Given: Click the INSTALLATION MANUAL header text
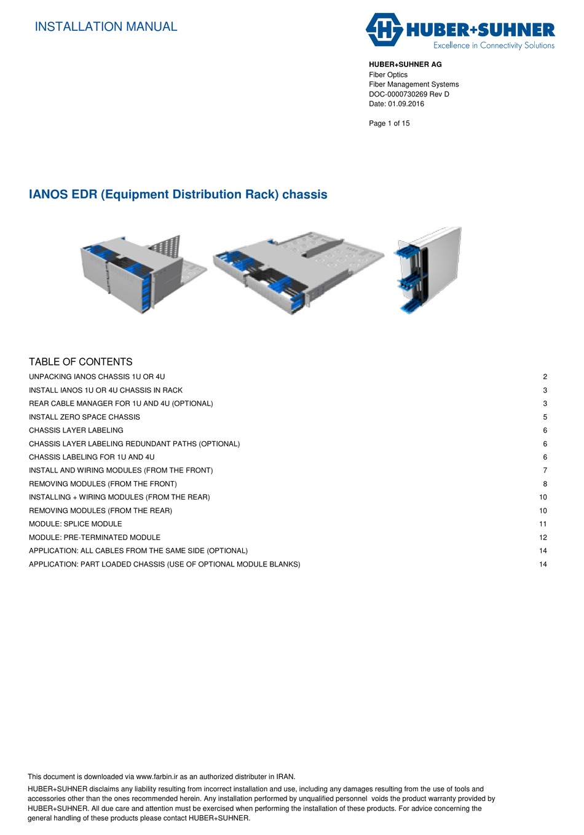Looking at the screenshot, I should (106, 26).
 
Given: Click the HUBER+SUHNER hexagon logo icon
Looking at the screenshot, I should (384, 29).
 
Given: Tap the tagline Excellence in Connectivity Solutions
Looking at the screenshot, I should (494, 45).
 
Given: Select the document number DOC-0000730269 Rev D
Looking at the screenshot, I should (409, 94).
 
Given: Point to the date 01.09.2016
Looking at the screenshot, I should (406, 104).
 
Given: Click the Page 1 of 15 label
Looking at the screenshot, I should (389, 123).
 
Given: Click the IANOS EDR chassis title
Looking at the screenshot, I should (178, 194).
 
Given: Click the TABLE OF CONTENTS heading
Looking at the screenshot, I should (81, 362).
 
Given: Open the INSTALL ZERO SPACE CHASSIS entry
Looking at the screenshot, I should (84, 417).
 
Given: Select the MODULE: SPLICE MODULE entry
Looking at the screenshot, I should (75, 524).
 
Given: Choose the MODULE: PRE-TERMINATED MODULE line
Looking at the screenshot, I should (95, 538).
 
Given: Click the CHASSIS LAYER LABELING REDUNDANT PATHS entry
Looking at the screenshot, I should (134, 444).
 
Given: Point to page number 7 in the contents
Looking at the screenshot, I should (545, 471).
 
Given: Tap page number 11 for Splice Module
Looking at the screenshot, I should (543, 524).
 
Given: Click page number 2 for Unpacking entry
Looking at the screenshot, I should (545, 377).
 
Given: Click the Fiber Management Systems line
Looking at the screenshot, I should (414, 84).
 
